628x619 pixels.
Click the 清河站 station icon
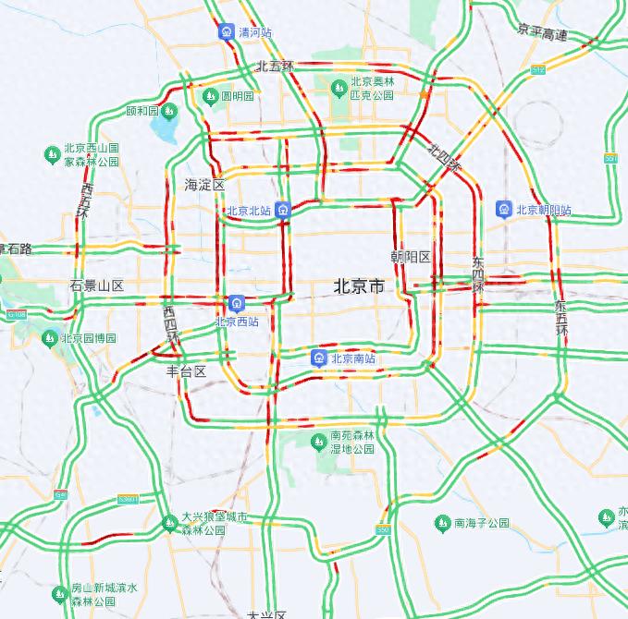[x=227, y=32]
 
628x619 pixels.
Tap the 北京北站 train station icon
[x=285, y=210]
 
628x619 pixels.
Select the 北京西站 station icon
[x=237, y=303]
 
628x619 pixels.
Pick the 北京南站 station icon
[x=318, y=358]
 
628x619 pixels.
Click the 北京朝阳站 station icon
[x=504, y=209]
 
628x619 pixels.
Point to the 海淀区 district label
[x=204, y=185]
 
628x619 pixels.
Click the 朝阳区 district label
[x=411, y=256]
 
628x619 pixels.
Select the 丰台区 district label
[x=185, y=371]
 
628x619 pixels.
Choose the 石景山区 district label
[x=97, y=285]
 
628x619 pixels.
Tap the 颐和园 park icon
[x=169, y=112]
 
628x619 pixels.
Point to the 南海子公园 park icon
[x=441, y=523]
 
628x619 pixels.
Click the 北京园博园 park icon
[x=50, y=338]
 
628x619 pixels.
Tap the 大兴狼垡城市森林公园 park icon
[x=169, y=524]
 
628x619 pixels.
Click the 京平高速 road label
[x=542, y=34]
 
